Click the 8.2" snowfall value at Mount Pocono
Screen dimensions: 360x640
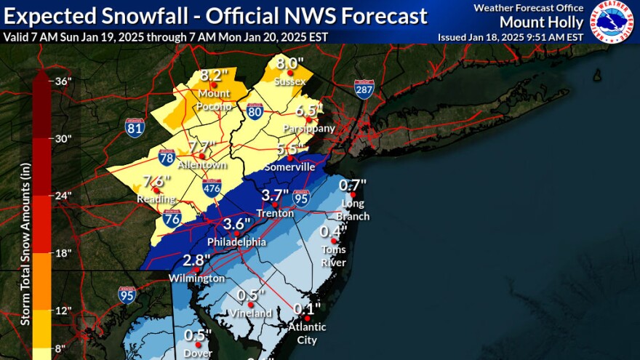pyautogui.click(x=215, y=75)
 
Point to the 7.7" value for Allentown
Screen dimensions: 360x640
pyautogui.click(x=202, y=147)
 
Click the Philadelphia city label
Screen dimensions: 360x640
pyautogui.click(x=236, y=241)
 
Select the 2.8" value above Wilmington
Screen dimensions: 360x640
pyautogui.click(x=196, y=260)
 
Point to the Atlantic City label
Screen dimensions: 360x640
pyautogui.click(x=307, y=332)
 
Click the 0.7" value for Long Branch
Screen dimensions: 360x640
pyautogui.click(x=353, y=185)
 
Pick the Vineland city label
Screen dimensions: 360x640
pyautogui.click(x=252, y=313)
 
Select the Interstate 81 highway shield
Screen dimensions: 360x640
pyautogui.click(x=135, y=128)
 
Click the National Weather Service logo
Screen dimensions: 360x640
pyautogui.click(x=612, y=22)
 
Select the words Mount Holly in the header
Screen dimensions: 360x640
pyautogui.click(x=552, y=23)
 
